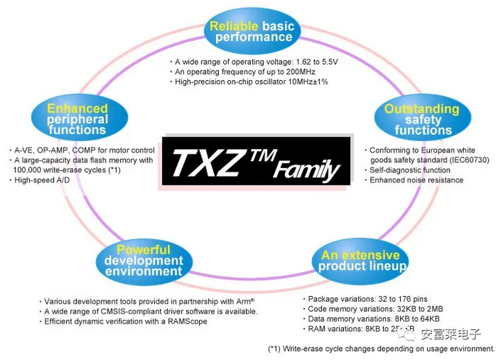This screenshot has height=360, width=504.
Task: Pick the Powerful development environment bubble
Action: click(143, 260)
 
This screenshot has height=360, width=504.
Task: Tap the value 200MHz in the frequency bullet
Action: click(311, 72)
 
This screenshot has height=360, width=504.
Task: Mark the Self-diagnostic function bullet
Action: click(411, 170)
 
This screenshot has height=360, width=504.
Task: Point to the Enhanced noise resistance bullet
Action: click(416, 180)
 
